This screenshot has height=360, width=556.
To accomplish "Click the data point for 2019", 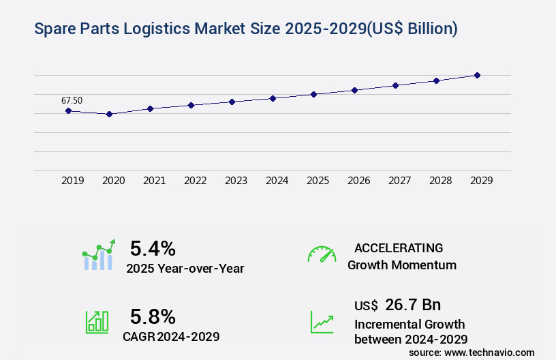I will pos(68,110).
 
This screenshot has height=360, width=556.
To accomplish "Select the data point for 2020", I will pos(109,114).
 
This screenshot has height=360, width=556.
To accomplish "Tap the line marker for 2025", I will pos(313,94).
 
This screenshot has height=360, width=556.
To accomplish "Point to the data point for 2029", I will pos(477,75).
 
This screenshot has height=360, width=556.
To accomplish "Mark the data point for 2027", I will pos(395,85).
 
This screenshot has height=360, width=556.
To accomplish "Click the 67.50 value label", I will pos(72,100).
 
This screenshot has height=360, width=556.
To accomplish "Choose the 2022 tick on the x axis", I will pos(195,181).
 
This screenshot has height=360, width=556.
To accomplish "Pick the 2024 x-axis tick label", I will pos(277,181).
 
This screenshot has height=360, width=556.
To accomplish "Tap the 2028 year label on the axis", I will pos(440,181).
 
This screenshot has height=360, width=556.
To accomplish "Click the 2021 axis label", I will pos(154,181).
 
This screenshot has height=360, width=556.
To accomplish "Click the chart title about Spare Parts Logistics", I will pos(245,29).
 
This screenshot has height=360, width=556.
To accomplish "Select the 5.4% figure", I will pos(153,247).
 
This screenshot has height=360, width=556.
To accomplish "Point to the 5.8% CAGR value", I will pos(153,316).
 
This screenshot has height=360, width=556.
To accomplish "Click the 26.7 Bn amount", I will pos(412,305).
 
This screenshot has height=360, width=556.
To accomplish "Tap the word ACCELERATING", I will pos(399,247).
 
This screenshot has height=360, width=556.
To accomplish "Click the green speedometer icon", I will pos(321,254).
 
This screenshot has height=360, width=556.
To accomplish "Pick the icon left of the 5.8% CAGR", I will pos(97,322).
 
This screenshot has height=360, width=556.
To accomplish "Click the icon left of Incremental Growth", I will pos(322,322).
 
